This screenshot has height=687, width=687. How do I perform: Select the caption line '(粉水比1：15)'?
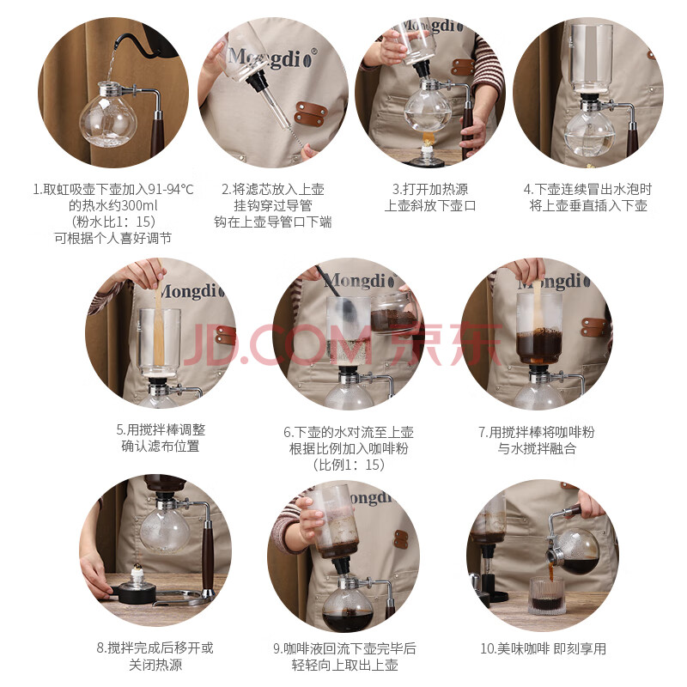(113, 222)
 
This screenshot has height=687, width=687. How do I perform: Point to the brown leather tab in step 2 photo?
(311, 113)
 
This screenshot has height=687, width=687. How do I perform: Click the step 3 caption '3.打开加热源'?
(430, 189)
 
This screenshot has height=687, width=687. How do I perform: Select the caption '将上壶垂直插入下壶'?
(588, 205)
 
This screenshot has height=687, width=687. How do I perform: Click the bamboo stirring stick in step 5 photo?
(159, 325)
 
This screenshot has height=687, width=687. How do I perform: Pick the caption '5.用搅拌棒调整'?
(161, 430)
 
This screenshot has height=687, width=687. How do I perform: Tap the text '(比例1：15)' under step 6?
(349, 465)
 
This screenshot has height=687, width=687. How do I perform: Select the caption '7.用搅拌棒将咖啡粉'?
(537, 433)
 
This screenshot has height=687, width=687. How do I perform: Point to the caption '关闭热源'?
(155, 665)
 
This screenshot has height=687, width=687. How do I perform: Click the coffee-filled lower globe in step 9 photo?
(348, 606)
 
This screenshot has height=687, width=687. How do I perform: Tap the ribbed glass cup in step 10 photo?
(547, 596)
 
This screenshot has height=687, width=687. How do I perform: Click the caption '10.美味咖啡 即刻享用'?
(544, 648)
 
